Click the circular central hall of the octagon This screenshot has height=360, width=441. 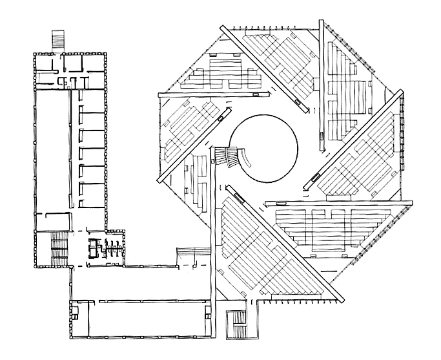click(264, 148)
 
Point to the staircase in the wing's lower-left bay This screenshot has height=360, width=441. click(57, 248)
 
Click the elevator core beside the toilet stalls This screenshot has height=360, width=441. click(94, 247)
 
